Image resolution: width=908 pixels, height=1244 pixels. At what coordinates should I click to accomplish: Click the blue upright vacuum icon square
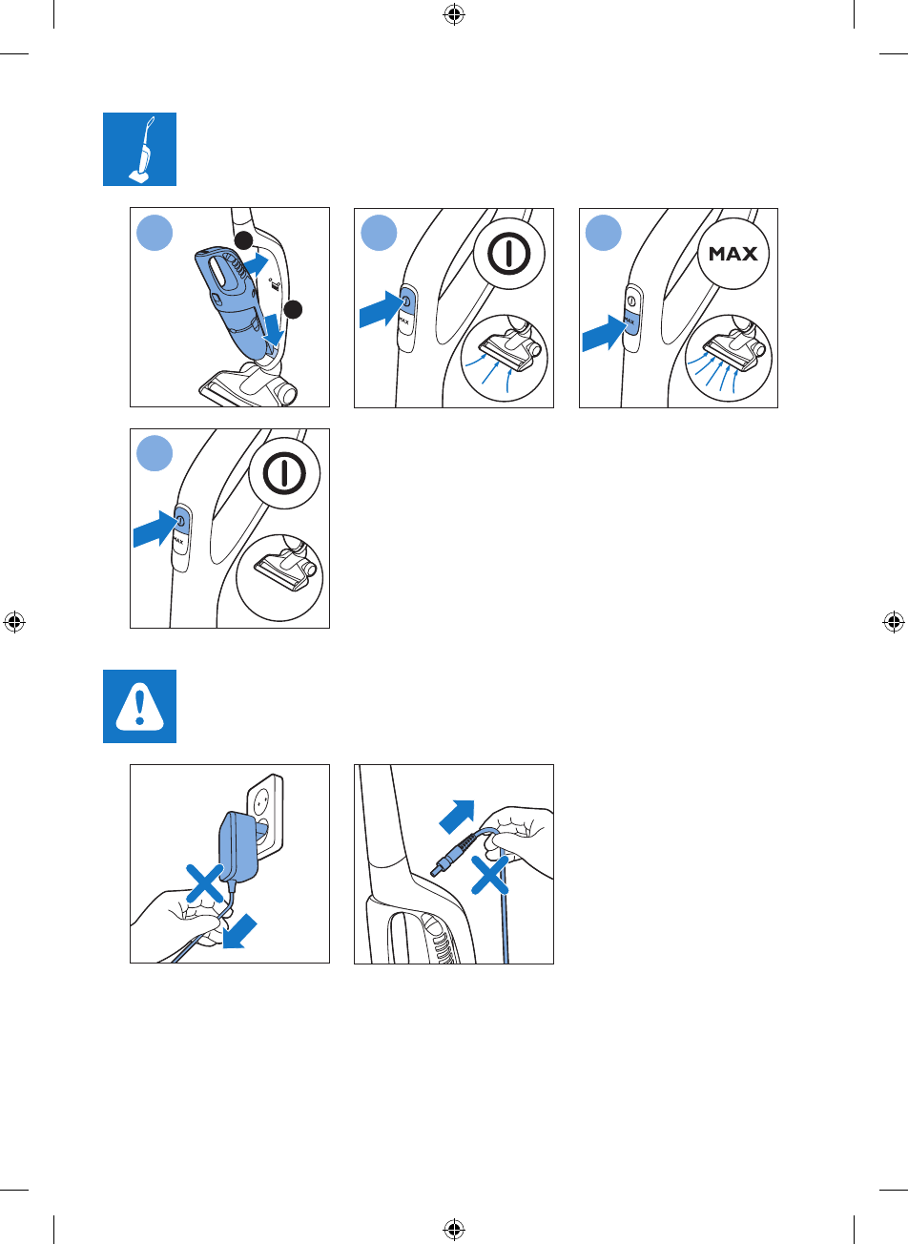coord(139,149)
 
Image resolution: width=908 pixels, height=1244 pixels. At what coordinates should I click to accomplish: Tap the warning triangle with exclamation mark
coord(139,706)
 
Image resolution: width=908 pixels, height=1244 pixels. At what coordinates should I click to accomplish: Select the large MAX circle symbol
coord(733,255)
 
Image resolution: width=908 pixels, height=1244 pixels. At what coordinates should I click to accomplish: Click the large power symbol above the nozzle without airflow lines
coord(285,474)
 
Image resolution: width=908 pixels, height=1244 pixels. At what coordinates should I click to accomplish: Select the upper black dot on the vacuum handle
coord(244,239)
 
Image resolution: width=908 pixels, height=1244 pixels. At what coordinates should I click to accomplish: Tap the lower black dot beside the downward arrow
coord(294,309)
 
